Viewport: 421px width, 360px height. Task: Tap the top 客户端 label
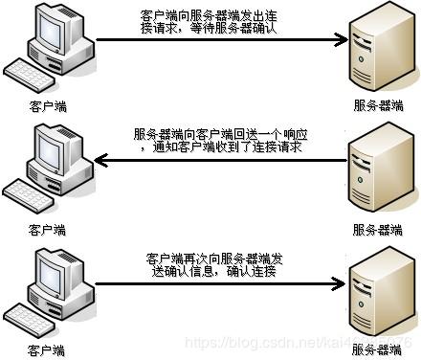(x=47, y=107)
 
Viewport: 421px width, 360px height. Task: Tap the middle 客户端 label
(x=47, y=230)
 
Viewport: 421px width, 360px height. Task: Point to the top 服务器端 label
(x=378, y=107)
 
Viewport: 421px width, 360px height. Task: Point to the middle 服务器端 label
(x=378, y=230)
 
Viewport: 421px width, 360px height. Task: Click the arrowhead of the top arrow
(x=337, y=40)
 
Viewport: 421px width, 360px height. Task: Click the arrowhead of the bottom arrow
(x=337, y=284)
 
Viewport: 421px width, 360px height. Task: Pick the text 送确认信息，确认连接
(x=210, y=273)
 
